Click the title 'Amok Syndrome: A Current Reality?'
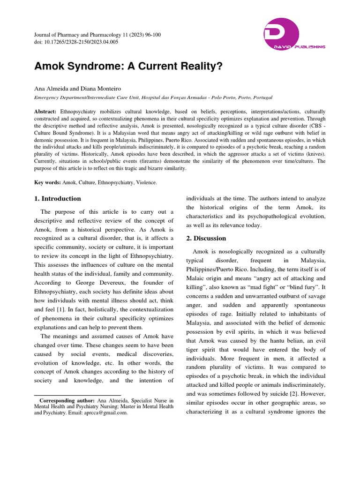(x=128, y=66)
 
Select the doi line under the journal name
(x=76, y=42)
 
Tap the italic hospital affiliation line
(x=153, y=97)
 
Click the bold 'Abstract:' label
(x=45, y=112)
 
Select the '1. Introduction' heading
(x=58, y=198)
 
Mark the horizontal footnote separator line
(x=78, y=395)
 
